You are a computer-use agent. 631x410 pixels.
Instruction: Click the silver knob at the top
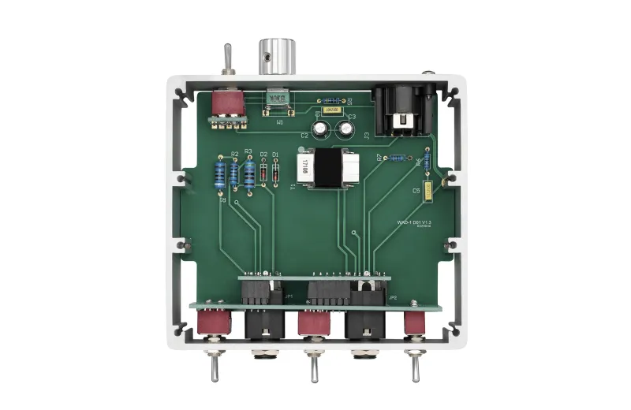pos(278,55)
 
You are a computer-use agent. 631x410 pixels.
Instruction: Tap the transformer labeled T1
pos(326,168)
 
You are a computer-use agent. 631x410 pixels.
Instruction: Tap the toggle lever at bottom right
pos(413,367)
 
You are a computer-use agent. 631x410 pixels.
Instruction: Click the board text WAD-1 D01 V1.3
pos(414,223)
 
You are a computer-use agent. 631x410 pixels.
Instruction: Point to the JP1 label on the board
pos(289,296)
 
